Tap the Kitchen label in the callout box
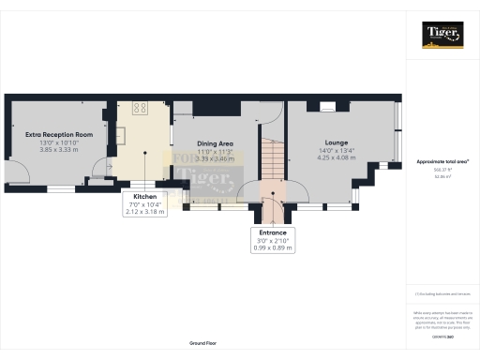[144, 196]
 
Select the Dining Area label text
[214, 143]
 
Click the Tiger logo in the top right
[442, 36]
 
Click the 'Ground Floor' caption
[203, 344]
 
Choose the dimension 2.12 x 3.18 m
[144, 212]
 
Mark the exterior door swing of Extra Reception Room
[17, 172]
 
